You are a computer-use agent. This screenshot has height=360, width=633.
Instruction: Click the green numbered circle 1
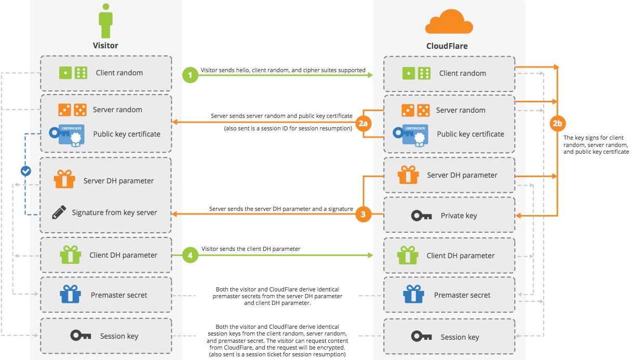click(x=191, y=75)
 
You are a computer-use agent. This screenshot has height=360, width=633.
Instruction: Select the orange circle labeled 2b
click(x=558, y=124)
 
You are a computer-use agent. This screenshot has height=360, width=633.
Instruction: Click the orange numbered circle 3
click(x=363, y=214)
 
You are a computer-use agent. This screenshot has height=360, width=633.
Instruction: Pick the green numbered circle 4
click(x=191, y=256)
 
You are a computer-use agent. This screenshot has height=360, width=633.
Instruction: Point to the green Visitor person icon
click(x=105, y=21)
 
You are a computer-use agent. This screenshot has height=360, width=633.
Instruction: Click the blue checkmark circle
click(x=25, y=170)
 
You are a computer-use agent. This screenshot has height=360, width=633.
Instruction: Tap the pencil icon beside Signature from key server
click(x=59, y=212)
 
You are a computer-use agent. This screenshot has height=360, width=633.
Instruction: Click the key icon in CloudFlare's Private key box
click(x=421, y=216)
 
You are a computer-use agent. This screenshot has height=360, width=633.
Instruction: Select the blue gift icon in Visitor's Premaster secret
click(x=70, y=295)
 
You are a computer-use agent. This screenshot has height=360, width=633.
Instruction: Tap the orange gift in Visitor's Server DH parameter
click(x=64, y=180)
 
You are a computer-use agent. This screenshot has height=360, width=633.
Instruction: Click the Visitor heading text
click(x=105, y=45)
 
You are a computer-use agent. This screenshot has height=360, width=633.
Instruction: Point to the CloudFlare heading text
click(x=447, y=46)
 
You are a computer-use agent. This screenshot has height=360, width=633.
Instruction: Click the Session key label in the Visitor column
click(x=119, y=336)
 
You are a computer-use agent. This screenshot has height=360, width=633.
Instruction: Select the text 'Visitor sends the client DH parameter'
click(x=251, y=249)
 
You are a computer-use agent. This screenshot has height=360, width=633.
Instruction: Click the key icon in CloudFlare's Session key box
click(x=421, y=337)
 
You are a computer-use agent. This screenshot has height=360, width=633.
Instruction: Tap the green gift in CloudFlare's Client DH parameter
click(x=408, y=255)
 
